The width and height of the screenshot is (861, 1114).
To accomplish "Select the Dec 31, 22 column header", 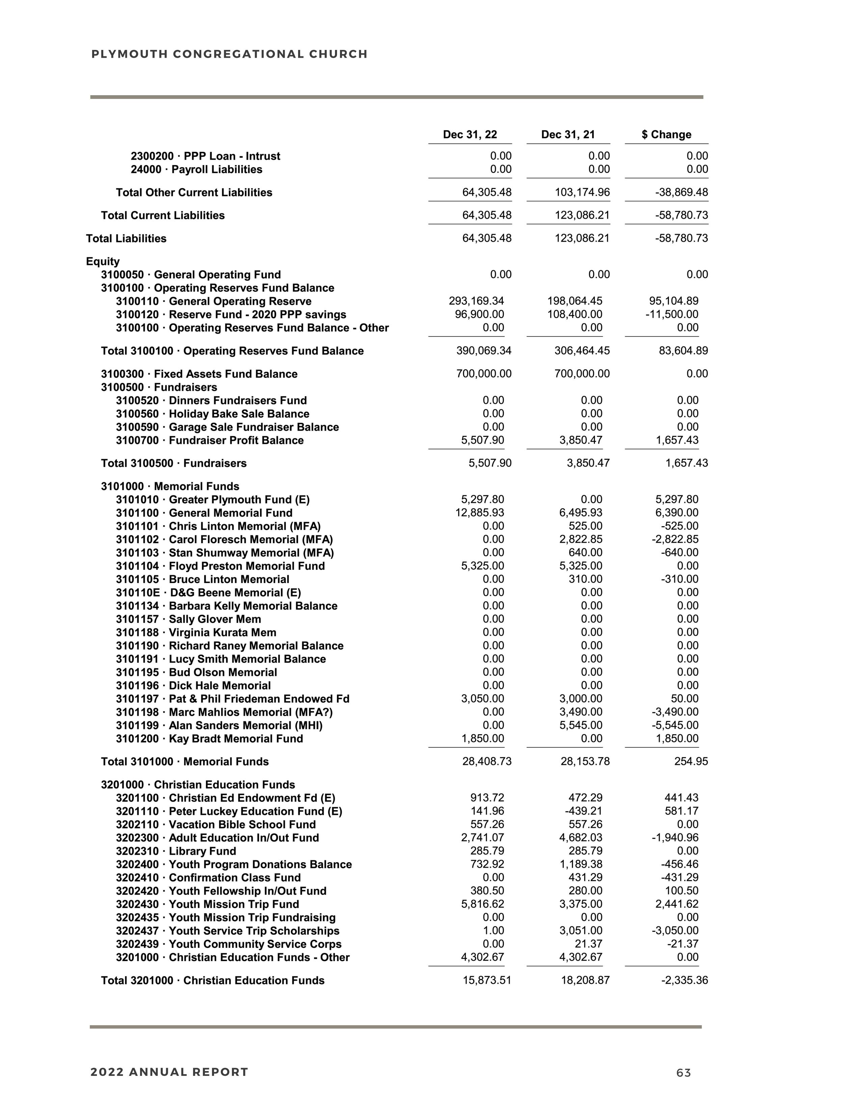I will [x=470, y=135].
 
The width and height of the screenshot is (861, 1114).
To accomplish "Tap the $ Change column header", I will [x=666, y=135].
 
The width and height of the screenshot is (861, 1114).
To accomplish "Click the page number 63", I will [x=683, y=1073].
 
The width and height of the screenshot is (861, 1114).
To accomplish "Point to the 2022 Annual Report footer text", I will [x=169, y=1072].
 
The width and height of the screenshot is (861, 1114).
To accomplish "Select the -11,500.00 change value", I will [x=672, y=315].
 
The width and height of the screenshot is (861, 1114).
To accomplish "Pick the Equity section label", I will [x=103, y=262].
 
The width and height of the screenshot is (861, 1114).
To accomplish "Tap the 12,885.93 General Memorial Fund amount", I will [x=479, y=513].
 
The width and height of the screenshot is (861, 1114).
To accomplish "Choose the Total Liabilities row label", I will [x=126, y=239].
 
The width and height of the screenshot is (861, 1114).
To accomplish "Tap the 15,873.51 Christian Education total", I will [x=487, y=980].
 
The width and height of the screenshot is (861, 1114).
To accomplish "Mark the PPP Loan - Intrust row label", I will [x=205, y=156].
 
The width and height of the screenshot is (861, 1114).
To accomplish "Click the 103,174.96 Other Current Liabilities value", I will [x=582, y=193].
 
